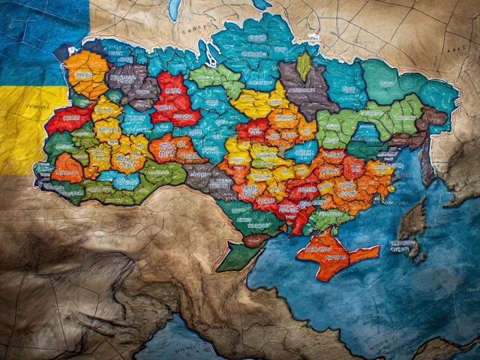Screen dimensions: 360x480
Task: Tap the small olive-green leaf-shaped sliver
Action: pos(304,65)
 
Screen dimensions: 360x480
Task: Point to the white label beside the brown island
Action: pos(403,246)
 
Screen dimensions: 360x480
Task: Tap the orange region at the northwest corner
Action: pos(87,72)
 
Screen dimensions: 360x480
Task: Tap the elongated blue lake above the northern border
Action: pos(175,10)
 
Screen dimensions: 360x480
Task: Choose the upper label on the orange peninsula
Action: pos(330,244)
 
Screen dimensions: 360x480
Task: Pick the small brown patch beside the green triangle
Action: pos(255,240)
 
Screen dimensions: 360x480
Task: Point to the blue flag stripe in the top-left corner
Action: pos(37,30)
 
